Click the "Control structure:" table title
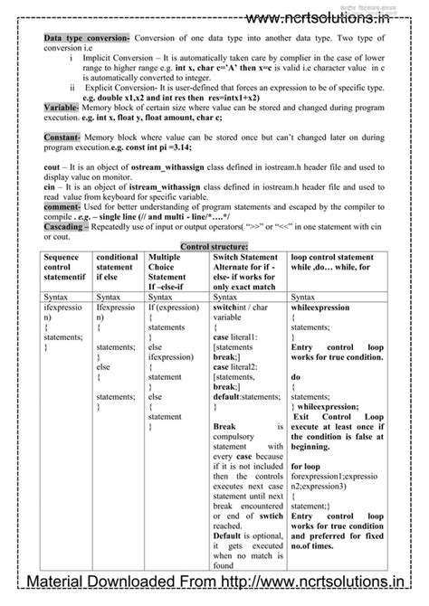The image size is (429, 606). pyautogui.click(x=214, y=245)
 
